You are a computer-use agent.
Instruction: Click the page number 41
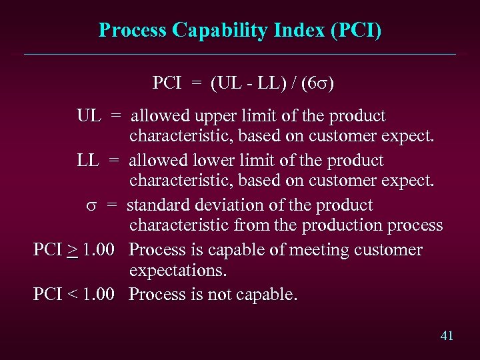(x=447, y=335)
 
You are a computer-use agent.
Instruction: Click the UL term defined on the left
(x=89, y=115)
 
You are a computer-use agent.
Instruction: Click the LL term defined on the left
(x=88, y=161)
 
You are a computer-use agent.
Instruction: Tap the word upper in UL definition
(x=213, y=116)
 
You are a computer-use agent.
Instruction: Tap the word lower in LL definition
(x=211, y=161)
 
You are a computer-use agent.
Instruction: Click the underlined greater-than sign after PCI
(x=73, y=251)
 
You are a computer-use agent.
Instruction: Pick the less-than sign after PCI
(x=73, y=295)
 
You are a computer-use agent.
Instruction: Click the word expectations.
(x=178, y=271)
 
